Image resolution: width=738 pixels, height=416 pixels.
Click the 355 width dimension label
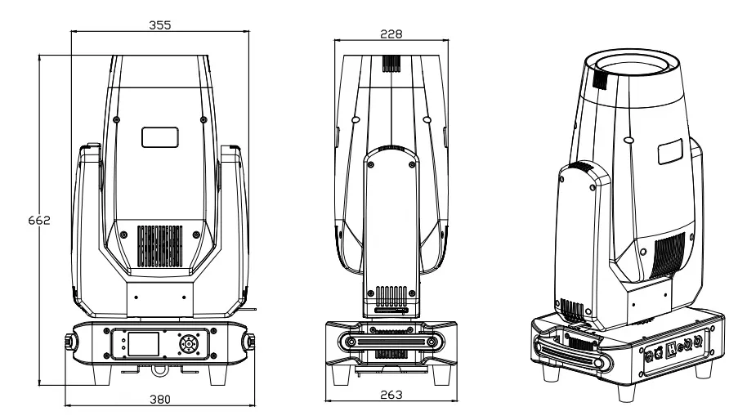click(x=160, y=25)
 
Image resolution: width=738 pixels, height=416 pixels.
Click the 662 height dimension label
click(x=39, y=220)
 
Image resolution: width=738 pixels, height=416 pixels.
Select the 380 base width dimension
click(x=160, y=400)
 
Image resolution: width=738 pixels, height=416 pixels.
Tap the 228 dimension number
click(x=391, y=34)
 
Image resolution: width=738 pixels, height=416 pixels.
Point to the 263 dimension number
click(x=391, y=395)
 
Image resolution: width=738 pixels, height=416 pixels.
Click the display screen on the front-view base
click(x=144, y=344)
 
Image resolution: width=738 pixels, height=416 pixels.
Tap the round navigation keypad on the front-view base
click(x=188, y=344)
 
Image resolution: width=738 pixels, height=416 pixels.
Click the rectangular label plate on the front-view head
click(x=160, y=137)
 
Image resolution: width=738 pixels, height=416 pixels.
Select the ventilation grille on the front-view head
click(x=160, y=246)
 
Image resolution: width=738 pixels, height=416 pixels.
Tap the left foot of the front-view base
click(x=101, y=374)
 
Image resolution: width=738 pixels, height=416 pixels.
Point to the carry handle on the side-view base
click(x=391, y=340)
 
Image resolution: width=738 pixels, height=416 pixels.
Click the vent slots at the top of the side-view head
click(x=391, y=64)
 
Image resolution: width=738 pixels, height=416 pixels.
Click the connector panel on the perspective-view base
click(x=674, y=349)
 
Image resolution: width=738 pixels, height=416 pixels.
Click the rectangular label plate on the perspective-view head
click(x=670, y=151)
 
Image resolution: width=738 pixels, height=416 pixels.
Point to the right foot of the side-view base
click(x=441, y=374)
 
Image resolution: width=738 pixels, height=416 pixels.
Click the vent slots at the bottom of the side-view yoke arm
click(x=391, y=297)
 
